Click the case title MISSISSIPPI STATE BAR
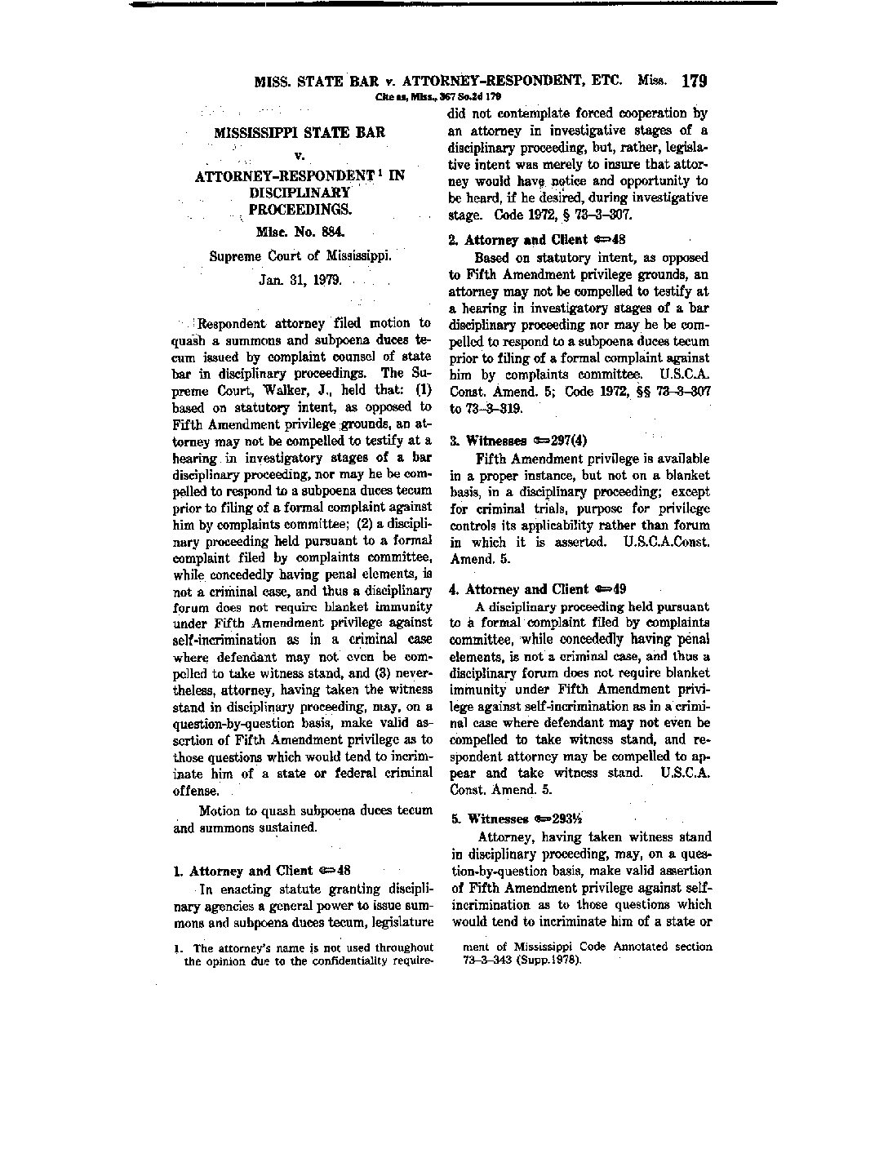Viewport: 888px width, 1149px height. pos(300,132)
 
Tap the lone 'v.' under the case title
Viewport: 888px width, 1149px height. pos(299,153)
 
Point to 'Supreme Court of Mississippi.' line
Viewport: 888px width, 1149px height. pos(300,255)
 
